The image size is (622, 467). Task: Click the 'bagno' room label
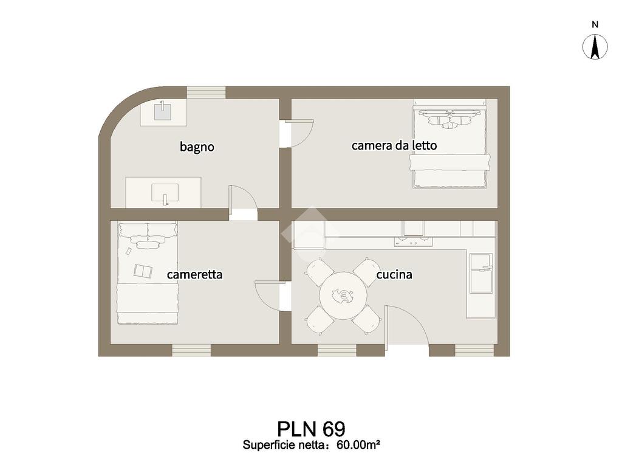tap(197, 147)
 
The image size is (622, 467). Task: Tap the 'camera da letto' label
tap(394, 145)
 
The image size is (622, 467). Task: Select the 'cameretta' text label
tap(194, 274)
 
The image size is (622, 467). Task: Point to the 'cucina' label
tap(394, 274)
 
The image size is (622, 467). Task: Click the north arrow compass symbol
tap(595, 47)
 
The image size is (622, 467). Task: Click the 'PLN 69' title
tap(311, 429)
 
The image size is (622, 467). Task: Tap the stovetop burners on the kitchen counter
tap(413, 243)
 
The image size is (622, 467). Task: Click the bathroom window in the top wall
tap(206, 92)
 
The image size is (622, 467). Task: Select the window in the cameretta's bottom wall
tap(191, 350)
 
